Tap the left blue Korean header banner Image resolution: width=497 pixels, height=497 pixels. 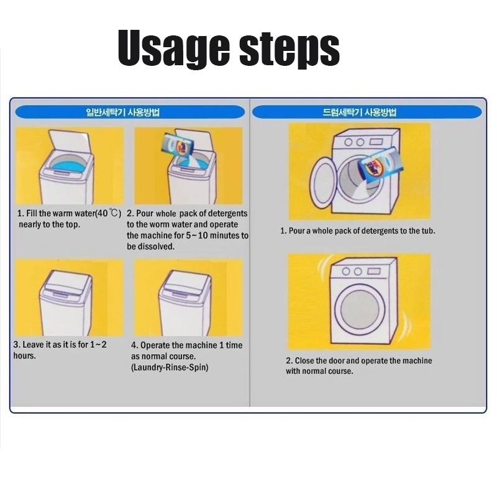pos(130,112)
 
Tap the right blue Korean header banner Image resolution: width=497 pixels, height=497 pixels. pos(367,112)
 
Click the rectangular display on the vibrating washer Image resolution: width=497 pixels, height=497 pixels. pos(374,271)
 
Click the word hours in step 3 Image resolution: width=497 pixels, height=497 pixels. pos(24,355)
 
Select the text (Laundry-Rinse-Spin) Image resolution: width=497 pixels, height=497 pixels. pos(170,367)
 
